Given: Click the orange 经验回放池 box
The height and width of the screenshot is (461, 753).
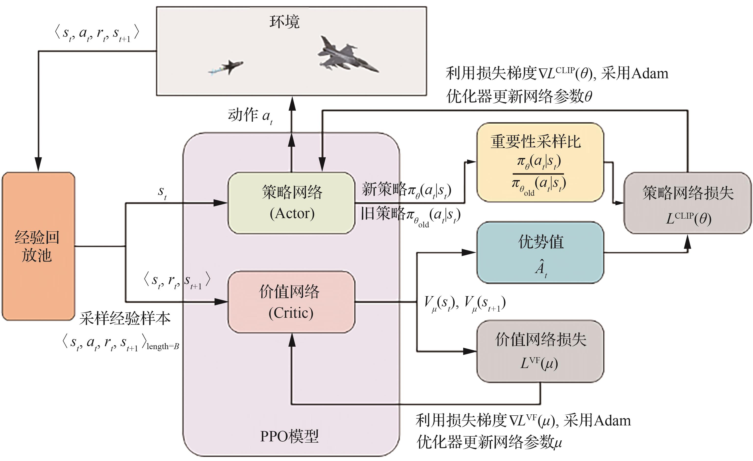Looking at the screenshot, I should pos(38,246).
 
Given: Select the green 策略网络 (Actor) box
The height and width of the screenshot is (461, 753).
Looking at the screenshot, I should pos(291,203).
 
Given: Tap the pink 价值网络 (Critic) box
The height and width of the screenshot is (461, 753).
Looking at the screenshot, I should pos(291,302).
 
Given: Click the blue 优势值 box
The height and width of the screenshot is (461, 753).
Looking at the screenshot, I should pos(540,252).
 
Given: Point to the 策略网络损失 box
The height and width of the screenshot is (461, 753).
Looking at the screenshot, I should pos(688,203).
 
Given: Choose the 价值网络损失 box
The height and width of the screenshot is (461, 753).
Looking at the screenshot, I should pos(540,351).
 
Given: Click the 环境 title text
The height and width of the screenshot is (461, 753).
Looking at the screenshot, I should pos(284,22).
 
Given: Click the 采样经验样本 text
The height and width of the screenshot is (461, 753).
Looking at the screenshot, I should pos(125,318).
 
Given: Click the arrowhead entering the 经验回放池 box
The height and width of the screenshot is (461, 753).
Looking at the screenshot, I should pos(38,164).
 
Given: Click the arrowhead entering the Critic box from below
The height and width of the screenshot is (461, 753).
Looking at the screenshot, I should pos(292,340).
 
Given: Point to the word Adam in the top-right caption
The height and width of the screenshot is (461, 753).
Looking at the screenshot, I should pos(650,74).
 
